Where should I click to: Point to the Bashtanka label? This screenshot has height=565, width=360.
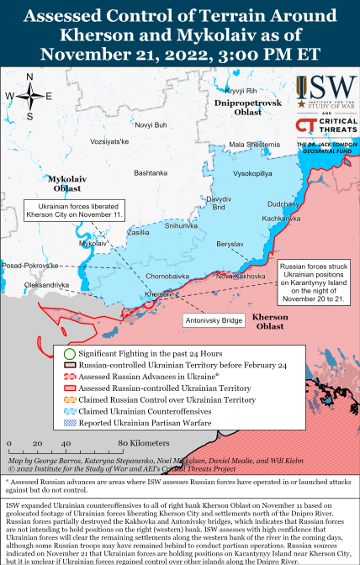pos(151,172)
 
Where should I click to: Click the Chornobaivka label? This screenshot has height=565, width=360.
pos(167,276)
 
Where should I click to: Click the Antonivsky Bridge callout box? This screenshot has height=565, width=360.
pos(214,320)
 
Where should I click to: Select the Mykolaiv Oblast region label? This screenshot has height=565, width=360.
pos(66,183)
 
